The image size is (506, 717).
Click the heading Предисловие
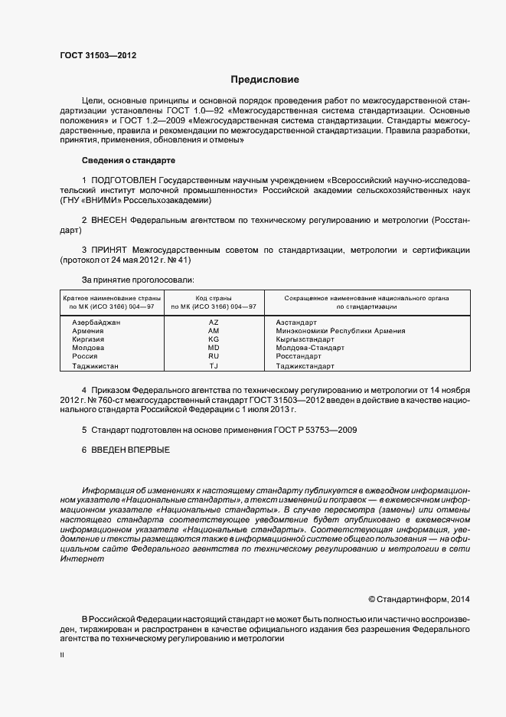tap(266, 80)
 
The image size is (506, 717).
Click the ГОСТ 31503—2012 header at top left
tap(98, 55)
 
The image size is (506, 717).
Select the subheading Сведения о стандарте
tap(128, 161)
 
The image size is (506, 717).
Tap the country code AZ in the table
tap(214, 322)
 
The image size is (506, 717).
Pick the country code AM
tap(214, 331)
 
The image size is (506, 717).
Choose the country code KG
tap(214, 339)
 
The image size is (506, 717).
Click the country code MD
tap(214, 348)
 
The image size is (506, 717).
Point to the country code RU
tap(214, 356)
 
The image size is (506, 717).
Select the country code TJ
tap(214, 366)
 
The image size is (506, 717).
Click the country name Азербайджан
tap(96, 322)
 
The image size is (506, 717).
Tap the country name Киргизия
tap(88, 339)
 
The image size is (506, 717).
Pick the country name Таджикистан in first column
tap(96, 366)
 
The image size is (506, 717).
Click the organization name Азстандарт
tap(296, 322)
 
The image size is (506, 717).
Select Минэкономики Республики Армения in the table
tap(340, 331)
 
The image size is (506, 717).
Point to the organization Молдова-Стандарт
tap(310, 348)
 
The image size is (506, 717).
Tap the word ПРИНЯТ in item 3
tap(110, 250)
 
